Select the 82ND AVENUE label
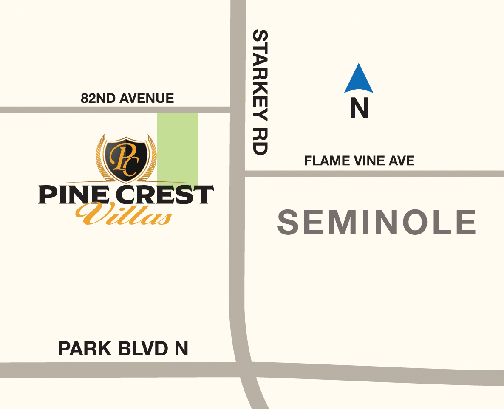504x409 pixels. point(127,99)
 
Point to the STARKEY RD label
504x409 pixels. point(260,92)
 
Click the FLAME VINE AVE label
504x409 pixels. point(359,161)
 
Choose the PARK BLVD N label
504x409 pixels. point(123,349)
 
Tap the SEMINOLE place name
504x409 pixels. point(377,222)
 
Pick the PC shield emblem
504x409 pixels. point(126,158)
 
